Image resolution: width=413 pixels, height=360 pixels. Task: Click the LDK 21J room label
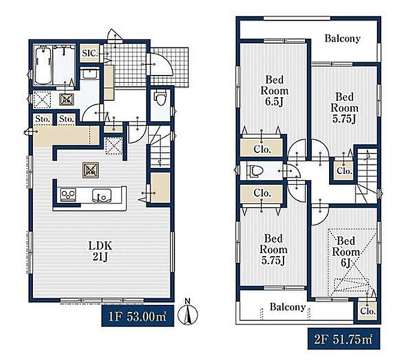tap(100, 251)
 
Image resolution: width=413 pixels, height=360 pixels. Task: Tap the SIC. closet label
tap(90, 53)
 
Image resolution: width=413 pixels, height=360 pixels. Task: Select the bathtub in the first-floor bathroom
tap(43, 65)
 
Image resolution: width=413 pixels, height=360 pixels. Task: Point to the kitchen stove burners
tap(68, 194)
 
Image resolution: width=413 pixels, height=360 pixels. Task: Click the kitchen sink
tap(102, 196)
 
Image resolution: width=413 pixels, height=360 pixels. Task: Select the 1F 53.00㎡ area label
tap(137, 316)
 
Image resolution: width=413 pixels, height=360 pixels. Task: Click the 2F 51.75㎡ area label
tap(343, 339)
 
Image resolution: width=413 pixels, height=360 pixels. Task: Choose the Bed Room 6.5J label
tap(275, 91)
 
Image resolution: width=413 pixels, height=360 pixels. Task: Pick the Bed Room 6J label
tap(346, 252)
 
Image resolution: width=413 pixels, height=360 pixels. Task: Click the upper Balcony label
tap(342, 38)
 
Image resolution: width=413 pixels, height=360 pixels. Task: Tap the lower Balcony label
tap(287, 307)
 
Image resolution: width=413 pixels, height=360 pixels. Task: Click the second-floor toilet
tap(254, 170)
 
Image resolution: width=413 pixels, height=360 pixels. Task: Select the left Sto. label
tap(43, 119)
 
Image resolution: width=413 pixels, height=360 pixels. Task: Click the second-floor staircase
tap(366, 176)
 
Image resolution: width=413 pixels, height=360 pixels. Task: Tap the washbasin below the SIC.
tap(89, 73)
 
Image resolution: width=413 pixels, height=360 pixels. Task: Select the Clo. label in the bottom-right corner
tap(367, 311)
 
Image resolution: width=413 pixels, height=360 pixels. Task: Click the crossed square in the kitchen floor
tap(91, 170)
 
